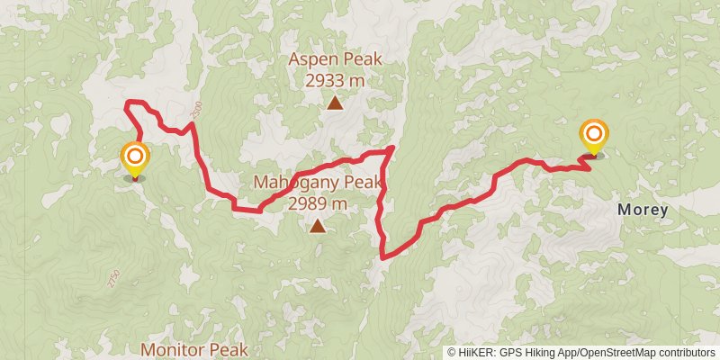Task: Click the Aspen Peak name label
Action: [x=335, y=60]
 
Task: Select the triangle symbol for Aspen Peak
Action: [x=335, y=103]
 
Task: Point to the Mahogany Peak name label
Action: [x=318, y=183]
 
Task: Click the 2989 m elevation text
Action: [x=318, y=203]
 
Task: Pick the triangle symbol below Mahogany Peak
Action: [x=318, y=226]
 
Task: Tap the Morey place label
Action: [x=643, y=210]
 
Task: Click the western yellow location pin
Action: [x=135, y=160]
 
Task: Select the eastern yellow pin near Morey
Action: [x=594, y=138]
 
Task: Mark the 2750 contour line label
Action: [x=112, y=279]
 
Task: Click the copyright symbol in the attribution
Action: [x=452, y=353]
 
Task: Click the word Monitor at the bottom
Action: [x=175, y=347]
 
